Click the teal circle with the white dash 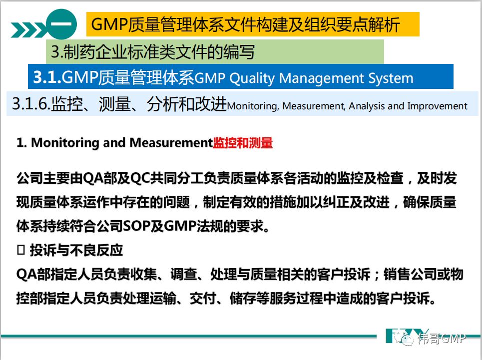pyautogui.click(x=61, y=24)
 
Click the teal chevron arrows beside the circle pyautogui.click(x=29, y=30)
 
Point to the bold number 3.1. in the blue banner pyautogui.click(x=47, y=77)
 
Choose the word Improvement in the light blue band pyautogui.click(x=437, y=106)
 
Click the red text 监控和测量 pyautogui.click(x=243, y=143)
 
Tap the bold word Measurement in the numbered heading pyautogui.click(x=171, y=142)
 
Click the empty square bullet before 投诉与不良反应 pyautogui.click(x=21, y=250)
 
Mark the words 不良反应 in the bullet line pyautogui.click(x=96, y=250)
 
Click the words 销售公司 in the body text pyautogui.click(x=410, y=274)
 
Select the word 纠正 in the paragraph pyautogui.click(x=336, y=202)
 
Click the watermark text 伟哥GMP pyautogui.click(x=442, y=338)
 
